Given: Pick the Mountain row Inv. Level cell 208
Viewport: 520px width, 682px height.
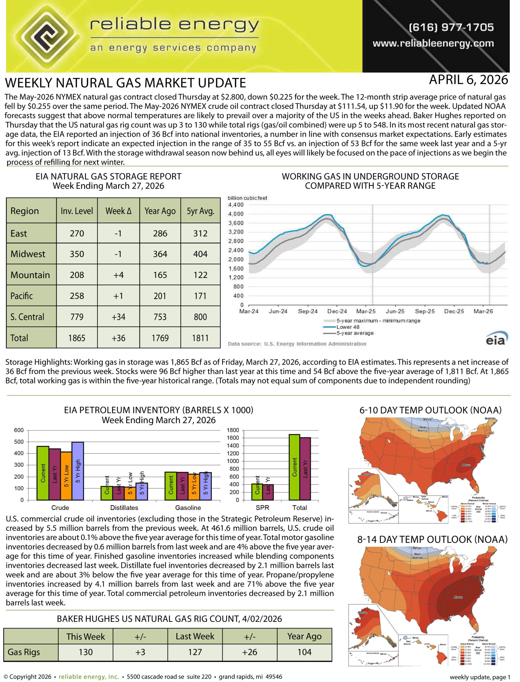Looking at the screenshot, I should pos(77,275).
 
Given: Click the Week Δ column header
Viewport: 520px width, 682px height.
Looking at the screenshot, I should pos(118,211).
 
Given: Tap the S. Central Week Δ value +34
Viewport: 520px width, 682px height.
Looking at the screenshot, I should pos(118,317).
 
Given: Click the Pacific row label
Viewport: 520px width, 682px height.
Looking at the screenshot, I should pos(22,296).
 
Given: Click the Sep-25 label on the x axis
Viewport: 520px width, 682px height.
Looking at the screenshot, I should pos(425,311).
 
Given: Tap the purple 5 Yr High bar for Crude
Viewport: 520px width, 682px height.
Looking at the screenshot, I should pos(78,471).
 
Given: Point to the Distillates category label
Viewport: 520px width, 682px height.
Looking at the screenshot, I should pos(124,508).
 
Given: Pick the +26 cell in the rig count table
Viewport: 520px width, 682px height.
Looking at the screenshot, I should pos(249,652).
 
